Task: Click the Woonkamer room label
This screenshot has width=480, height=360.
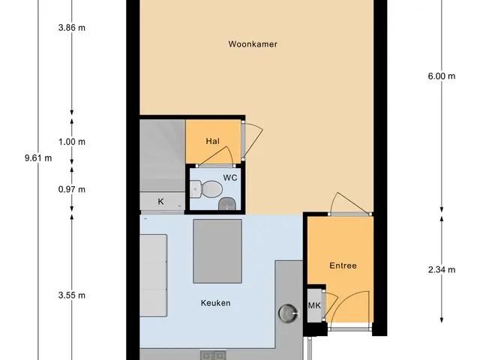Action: tap(253, 44)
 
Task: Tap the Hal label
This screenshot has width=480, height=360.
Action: tap(213, 141)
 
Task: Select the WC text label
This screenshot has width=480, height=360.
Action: tap(230, 178)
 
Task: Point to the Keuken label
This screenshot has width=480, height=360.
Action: tap(215, 303)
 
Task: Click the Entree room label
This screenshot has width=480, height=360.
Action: tap(343, 265)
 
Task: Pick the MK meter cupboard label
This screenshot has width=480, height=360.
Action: tap(314, 305)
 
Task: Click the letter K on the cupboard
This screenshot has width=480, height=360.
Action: tap(160, 202)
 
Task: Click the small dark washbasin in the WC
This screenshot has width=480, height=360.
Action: tap(227, 204)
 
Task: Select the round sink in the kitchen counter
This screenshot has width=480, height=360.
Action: tap(288, 313)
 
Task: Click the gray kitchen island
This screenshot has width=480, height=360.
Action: tap(217, 251)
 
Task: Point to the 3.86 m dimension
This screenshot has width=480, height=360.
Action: tap(72, 28)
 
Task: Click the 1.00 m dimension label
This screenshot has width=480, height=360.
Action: tap(72, 142)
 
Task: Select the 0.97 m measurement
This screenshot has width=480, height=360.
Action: tap(72, 190)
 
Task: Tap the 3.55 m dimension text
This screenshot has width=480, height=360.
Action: tap(72, 295)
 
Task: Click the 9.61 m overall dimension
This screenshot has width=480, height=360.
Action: tap(38, 158)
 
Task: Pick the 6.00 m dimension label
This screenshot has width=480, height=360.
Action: tap(442, 76)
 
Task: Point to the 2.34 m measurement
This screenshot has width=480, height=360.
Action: tap(442, 270)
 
